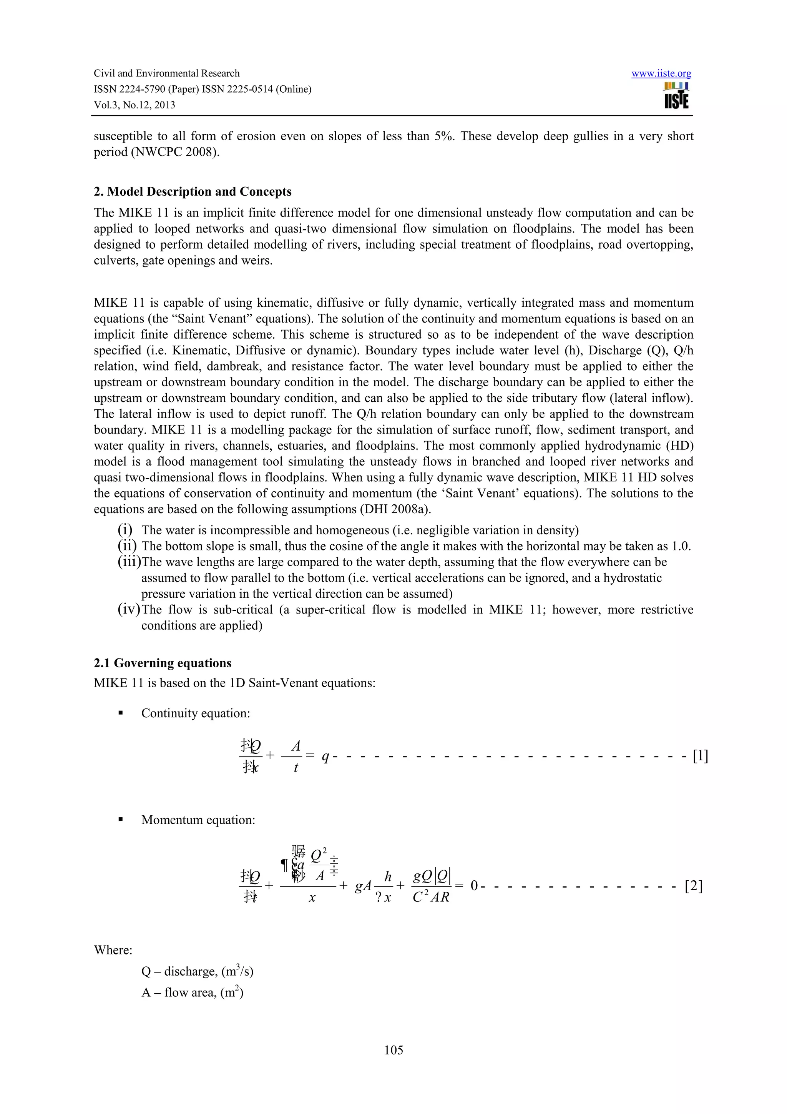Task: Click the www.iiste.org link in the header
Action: (661, 74)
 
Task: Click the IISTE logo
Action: (676, 96)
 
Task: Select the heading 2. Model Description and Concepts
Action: (193, 192)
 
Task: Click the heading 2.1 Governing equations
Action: (163, 663)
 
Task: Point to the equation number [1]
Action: (700, 755)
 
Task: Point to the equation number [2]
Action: (693, 886)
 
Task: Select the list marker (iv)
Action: (128, 609)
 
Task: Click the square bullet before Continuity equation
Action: (120, 713)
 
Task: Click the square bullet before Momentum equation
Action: (120, 820)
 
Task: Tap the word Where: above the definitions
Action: (113, 950)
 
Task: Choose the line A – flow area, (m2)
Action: (192, 992)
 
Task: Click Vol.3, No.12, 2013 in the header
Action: (134, 105)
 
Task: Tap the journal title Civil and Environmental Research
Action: (166, 73)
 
